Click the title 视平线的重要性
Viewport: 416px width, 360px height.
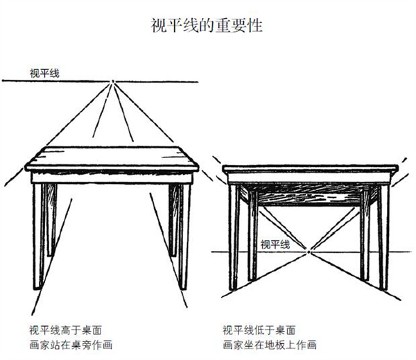click(x=207, y=26)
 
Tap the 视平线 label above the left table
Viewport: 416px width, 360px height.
click(x=44, y=74)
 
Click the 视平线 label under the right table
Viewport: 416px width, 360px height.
click(x=275, y=244)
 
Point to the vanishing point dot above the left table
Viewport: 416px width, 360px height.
click(x=113, y=81)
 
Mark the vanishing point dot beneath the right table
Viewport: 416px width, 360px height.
click(x=309, y=252)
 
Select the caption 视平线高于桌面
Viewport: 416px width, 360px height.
click(x=65, y=330)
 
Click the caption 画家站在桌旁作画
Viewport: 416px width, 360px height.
click(x=71, y=345)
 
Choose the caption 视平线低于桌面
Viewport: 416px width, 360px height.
click(x=259, y=330)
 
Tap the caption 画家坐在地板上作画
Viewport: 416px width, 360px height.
click(x=270, y=345)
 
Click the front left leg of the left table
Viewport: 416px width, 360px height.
click(x=38, y=237)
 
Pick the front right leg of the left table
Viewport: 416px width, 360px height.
click(x=184, y=237)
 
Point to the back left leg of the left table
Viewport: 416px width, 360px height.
click(x=51, y=220)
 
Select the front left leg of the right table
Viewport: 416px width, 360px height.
click(x=233, y=237)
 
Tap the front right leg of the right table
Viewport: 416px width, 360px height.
click(x=383, y=237)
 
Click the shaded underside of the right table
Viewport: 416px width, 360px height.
click(x=309, y=194)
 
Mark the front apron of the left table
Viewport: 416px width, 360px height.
click(x=112, y=178)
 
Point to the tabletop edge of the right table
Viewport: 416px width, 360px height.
click(x=311, y=169)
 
